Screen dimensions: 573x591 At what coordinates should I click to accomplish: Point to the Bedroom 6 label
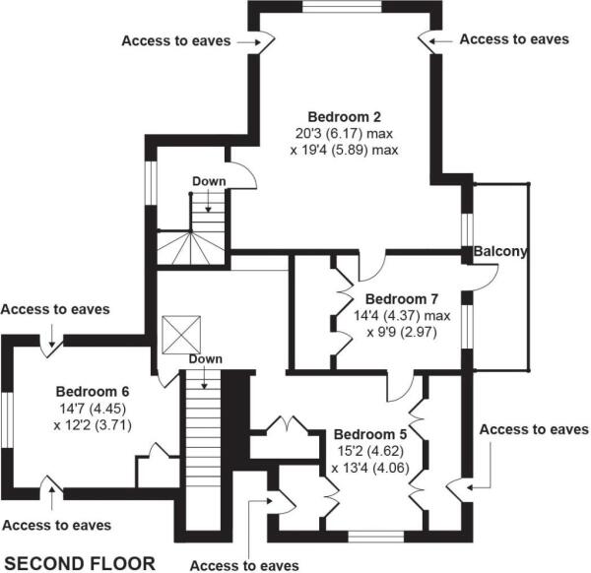93,391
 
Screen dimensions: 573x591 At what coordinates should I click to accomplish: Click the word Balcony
500,251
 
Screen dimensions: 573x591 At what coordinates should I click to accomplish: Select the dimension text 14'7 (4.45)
94,409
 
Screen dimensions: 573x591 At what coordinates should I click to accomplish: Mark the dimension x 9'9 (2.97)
407,334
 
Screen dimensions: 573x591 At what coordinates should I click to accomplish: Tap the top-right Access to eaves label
513,39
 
